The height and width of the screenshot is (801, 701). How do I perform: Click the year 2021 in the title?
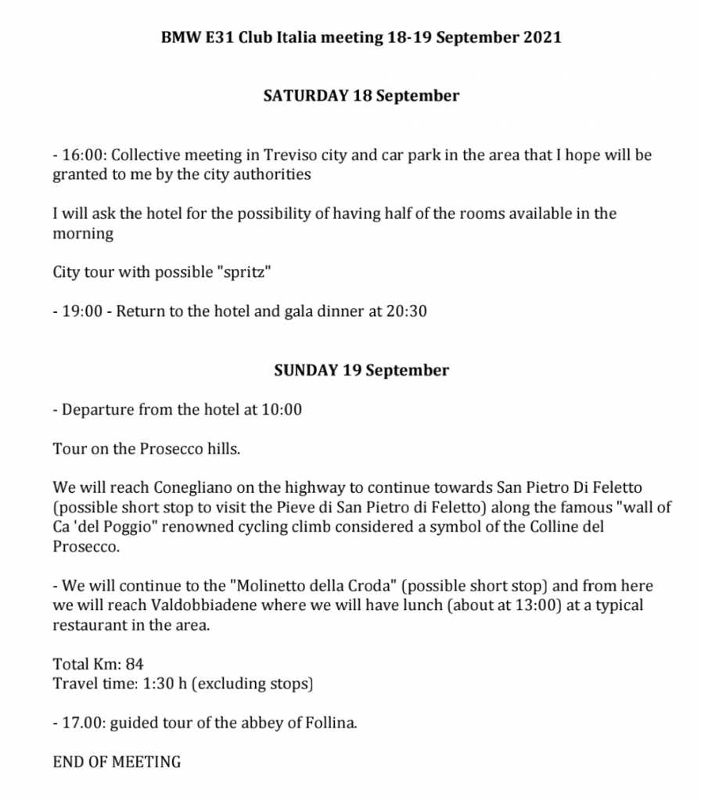(541, 38)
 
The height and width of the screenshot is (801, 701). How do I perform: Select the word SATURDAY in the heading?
(306, 96)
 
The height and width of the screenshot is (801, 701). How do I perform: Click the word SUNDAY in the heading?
(306, 370)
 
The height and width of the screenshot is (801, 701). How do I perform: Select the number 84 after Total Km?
(135, 664)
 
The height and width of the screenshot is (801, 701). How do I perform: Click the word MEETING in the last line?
(146, 762)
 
